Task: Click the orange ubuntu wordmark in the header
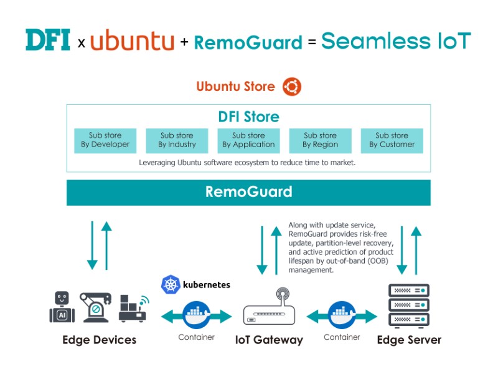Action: (x=132, y=41)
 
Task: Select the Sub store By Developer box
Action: (x=105, y=140)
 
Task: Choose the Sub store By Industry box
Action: (x=177, y=140)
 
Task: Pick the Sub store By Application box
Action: (x=248, y=140)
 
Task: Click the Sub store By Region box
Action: (x=320, y=140)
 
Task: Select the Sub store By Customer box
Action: (x=392, y=140)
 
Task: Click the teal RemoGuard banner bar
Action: (x=248, y=192)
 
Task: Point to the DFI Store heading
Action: (x=248, y=117)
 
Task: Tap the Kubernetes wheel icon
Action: (x=170, y=285)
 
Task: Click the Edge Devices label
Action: (x=99, y=340)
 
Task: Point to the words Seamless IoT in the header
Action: (x=396, y=41)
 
